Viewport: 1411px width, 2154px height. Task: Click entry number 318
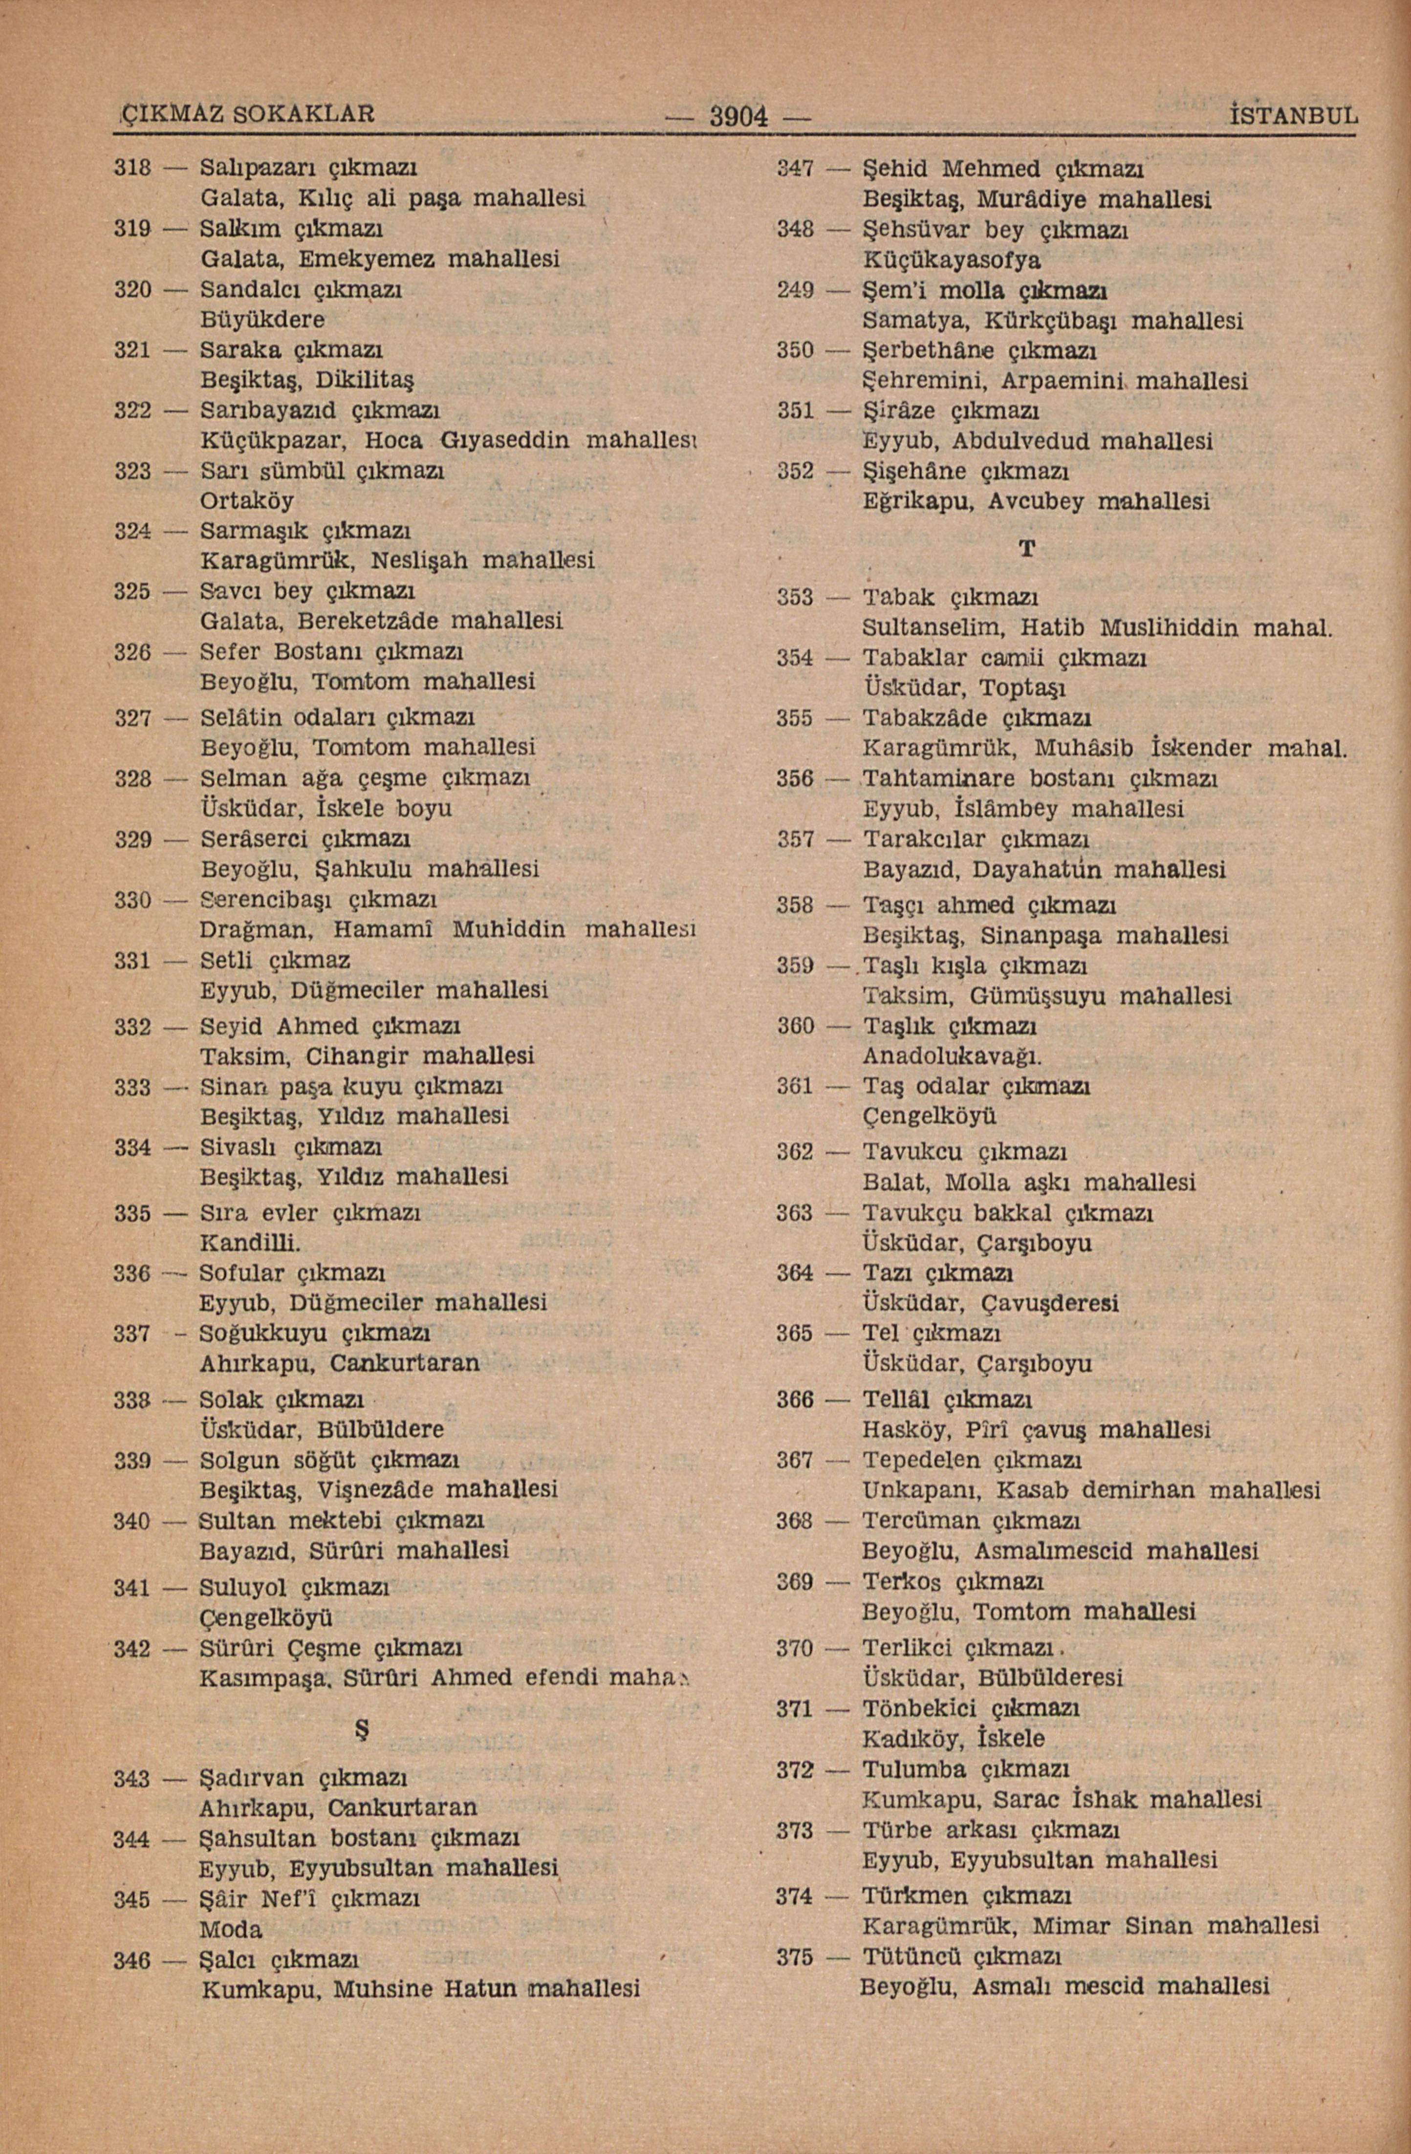tap(132, 168)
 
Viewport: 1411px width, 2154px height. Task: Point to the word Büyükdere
tap(262, 320)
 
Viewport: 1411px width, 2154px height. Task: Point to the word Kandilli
tap(250, 1242)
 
